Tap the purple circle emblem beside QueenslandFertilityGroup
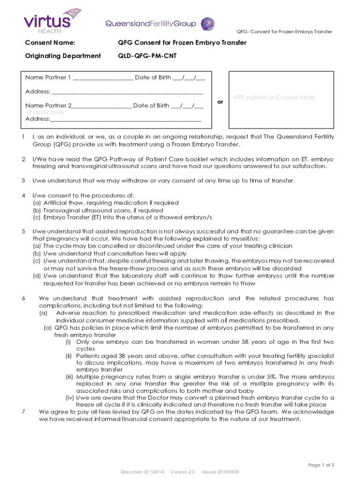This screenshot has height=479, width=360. pyautogui.click(x=208, y=23)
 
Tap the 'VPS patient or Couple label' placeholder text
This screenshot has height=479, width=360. pyautogui.click(x=274, y=98)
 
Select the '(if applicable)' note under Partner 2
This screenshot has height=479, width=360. pyautogui.click(x=45, y=112)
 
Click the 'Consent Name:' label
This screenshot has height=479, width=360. pyautogui.click(x=50, y=43)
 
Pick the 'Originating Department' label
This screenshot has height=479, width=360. pyautogui.click(x=63, y=56)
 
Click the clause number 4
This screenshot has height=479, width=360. pyautogui.click(x=23, y=195)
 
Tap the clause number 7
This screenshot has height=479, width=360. pyautogui.click(x=23, y=412)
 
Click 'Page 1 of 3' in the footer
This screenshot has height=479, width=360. pyautogui.click(x=321, y=465)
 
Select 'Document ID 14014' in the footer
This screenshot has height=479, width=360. pyautogui.click(x=143, y=472)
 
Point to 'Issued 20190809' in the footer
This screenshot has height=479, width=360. pyautogui.click(x=220, y=472)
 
